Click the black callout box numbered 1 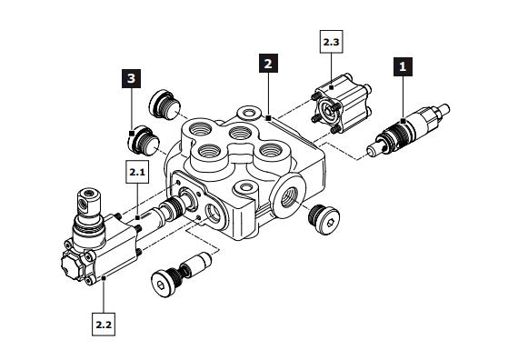(x=403, y=66)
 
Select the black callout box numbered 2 (x=268, y=64)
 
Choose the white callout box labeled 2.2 (x=104, y=323)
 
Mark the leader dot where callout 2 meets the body (x=269, y=117)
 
